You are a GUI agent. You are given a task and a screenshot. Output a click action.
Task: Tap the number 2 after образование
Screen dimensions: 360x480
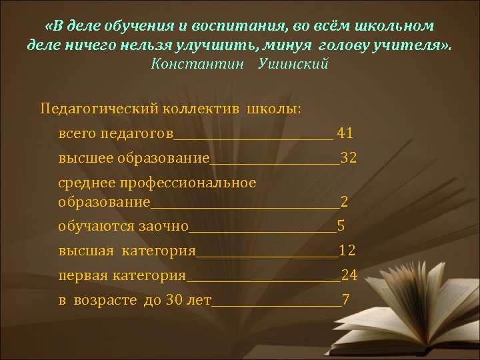[x=344, y=201]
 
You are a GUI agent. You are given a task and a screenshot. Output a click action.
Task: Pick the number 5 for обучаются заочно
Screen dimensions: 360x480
[x=341, y=225]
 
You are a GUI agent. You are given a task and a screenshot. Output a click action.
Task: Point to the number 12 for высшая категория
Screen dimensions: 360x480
[x=347, y=251]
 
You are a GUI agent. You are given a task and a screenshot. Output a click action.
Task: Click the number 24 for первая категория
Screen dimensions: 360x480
[x=349, y=275]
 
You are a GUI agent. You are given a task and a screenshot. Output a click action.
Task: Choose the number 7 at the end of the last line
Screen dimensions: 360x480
[x=345, y=299]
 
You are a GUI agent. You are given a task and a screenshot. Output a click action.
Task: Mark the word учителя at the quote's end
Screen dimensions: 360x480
[x=407, y=45]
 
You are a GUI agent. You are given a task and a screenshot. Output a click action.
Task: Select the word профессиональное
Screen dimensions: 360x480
[x=194, y=183]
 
